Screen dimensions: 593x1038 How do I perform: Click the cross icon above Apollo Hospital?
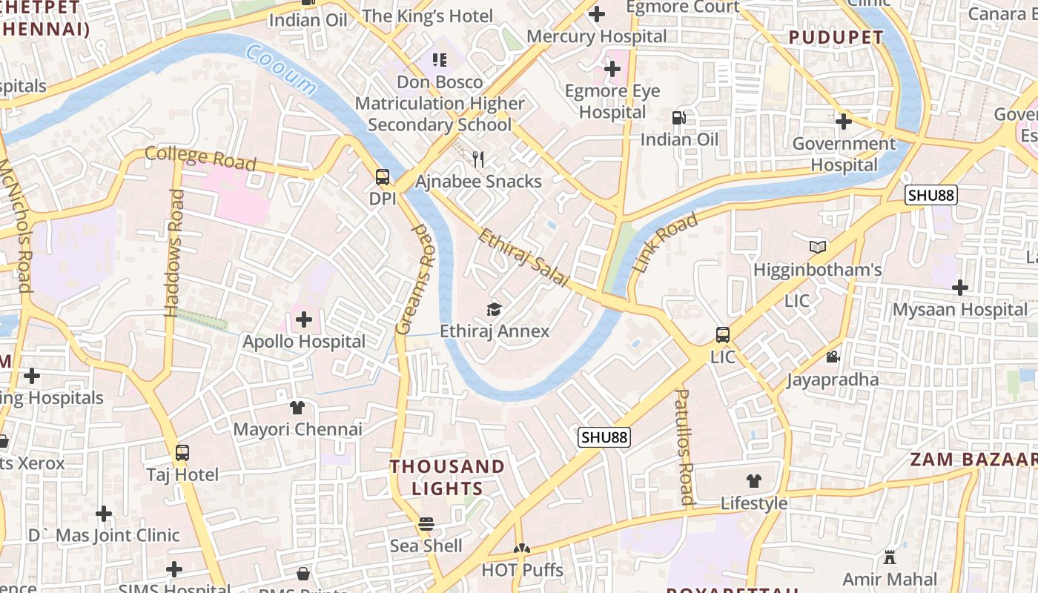[x=304, y=320]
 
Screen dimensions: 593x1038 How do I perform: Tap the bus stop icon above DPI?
[x=383, y=177]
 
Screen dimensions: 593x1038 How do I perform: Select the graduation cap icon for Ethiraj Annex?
[x=494, y=309]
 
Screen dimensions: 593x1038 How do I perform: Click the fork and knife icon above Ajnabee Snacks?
[x=479, y=159]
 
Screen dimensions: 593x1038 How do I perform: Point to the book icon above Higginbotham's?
[x=818, y=248]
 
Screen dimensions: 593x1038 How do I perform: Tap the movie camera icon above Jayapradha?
[x=833, y=357]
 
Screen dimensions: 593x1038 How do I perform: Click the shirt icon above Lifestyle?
[x=754, y=481]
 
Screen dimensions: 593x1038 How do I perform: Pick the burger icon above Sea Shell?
[x=426, y=524]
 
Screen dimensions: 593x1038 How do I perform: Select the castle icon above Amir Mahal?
[x=890, y=557]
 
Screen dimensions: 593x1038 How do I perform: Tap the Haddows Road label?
[x=175, y=252]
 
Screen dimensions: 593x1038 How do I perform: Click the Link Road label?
[x=665, y=242]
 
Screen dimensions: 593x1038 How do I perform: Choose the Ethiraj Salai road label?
[x=524, y=258]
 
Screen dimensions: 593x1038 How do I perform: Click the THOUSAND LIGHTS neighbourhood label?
[x=447, y=477]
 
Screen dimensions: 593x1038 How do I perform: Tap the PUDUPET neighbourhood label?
[x=836, y=37]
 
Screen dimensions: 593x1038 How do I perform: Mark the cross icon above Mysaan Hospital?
[x=960, y=288]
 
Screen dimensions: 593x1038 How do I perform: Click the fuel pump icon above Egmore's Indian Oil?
[x=678, y=117]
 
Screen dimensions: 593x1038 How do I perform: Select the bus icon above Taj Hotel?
[x=182, y=452]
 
